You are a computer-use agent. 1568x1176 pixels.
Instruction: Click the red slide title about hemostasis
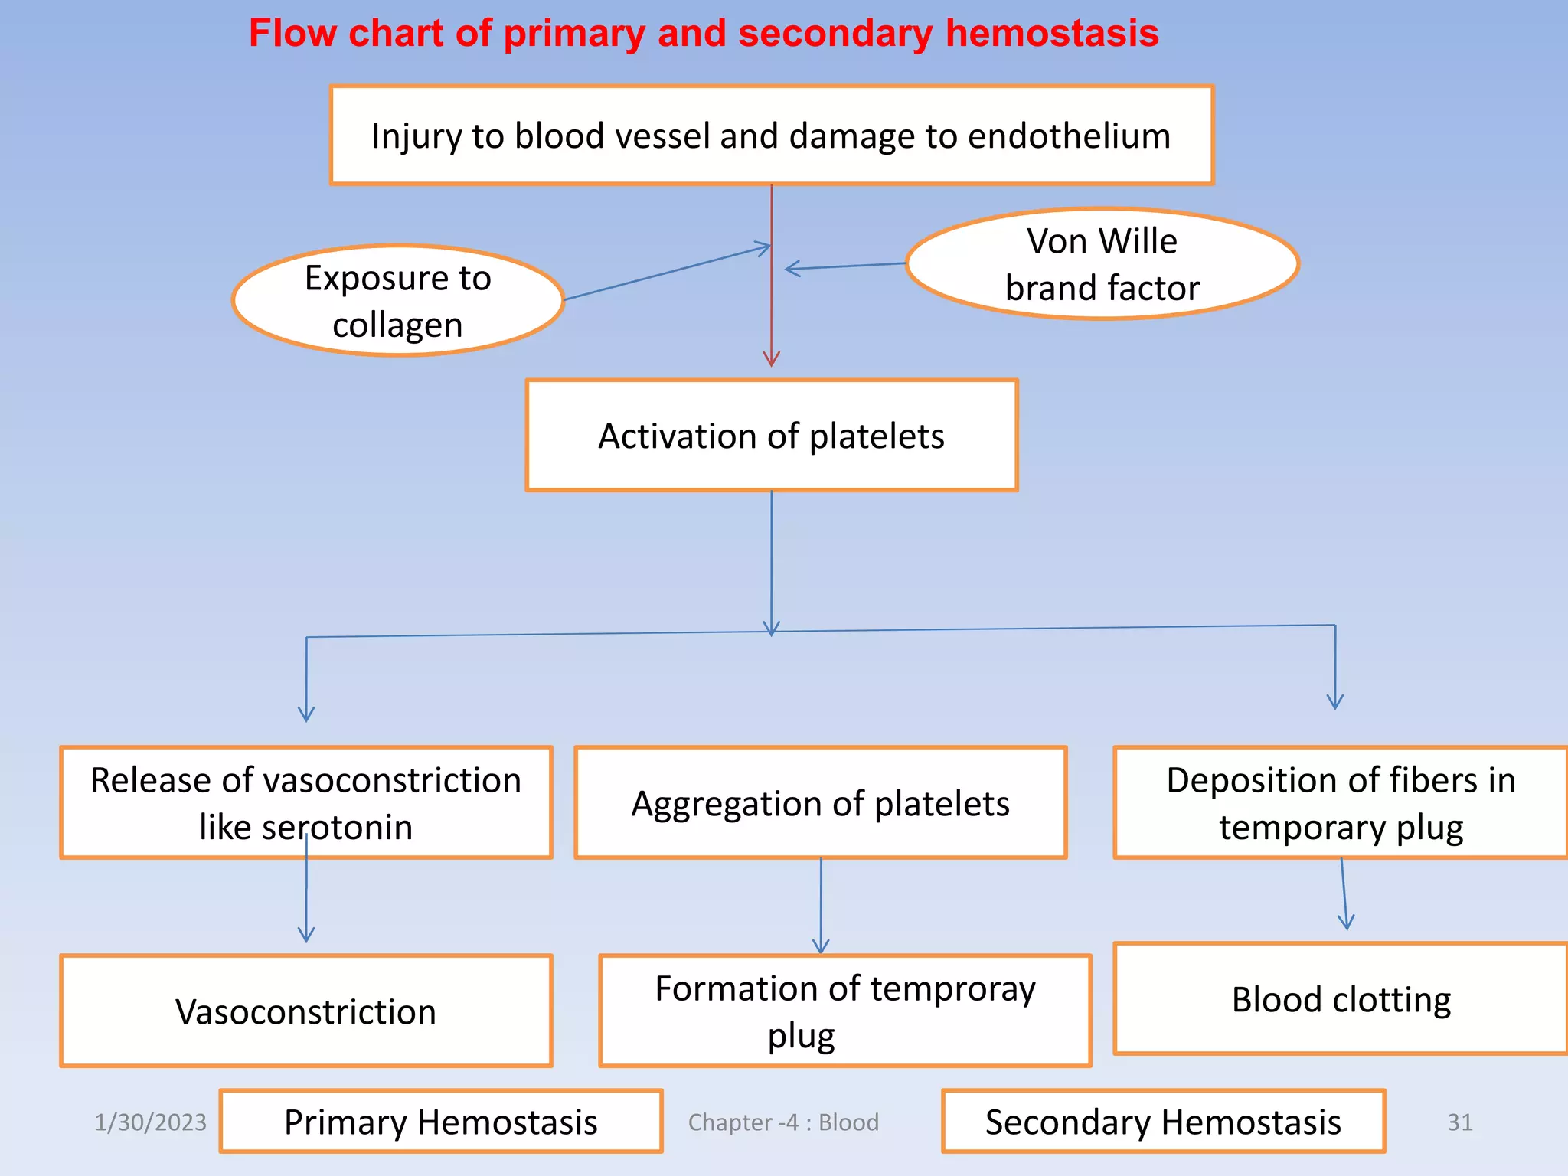[x=703, y=34]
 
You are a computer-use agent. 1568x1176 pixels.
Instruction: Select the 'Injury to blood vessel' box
[x=771, y=136]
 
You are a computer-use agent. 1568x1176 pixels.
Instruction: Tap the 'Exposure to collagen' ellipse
[x=397, y=300]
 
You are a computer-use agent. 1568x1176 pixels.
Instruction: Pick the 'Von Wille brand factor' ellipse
[x=1102, y=264]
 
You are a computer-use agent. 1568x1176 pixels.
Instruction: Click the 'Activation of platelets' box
[x=771, y=436]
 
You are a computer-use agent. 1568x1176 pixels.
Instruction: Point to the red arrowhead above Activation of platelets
[x=771, y=358]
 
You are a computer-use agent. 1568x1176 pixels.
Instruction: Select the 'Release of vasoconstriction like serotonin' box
[x=305, y=802]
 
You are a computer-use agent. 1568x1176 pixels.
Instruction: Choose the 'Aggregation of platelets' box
[x=820, y=803]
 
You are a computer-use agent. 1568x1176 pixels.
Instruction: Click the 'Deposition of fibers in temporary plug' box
[x=1340, y=803]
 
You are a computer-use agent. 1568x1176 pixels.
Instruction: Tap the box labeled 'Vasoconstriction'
[x=305, y=1011]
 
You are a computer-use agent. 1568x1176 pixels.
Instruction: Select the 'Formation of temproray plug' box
[x=844, y=1011]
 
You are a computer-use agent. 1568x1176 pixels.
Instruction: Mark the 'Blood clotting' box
[x=1340, y=999]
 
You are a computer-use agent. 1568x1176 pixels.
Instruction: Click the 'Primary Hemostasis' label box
[x=440, y=1122]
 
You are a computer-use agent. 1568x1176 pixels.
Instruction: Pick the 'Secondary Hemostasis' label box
[x=1162, y=1122]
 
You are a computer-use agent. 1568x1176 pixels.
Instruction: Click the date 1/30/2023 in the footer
[x=150, y=1122]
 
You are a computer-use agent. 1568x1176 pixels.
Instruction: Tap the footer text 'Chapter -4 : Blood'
[x=782, y=1122]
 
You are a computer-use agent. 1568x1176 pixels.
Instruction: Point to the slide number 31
[x=1459, y=1122]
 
